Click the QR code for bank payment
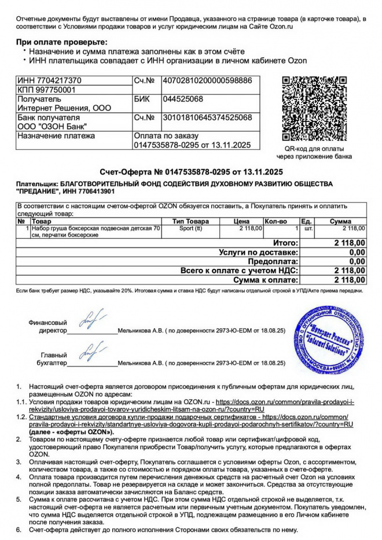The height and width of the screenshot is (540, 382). pos(314,108)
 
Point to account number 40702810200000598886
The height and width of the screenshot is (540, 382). pos(208,80)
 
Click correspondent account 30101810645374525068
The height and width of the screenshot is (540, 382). pos(208,118)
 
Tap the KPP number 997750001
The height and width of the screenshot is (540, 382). pos(55,90)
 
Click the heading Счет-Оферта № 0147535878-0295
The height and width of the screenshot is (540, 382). pos(190,172)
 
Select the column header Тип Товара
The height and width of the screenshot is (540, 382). pos(191,221)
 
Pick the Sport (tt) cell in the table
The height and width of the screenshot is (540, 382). pos(191,228)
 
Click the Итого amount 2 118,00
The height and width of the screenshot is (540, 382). pos(350,243)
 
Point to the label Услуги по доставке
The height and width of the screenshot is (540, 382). pos(259,252)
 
